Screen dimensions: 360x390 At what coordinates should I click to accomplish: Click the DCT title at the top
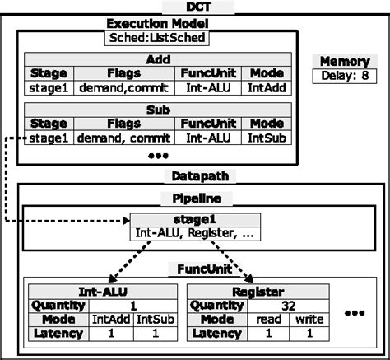[194, 7]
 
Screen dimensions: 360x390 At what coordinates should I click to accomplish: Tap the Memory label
[343, 62]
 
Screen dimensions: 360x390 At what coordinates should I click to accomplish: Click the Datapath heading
[194, 175]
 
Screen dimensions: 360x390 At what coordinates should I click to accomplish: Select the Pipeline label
[194, 199]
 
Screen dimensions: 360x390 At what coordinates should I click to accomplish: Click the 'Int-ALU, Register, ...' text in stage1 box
[194, 233]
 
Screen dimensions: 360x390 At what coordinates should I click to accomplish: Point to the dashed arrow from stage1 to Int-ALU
[137, 262]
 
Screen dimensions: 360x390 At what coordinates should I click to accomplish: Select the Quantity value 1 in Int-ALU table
[132, 304]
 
